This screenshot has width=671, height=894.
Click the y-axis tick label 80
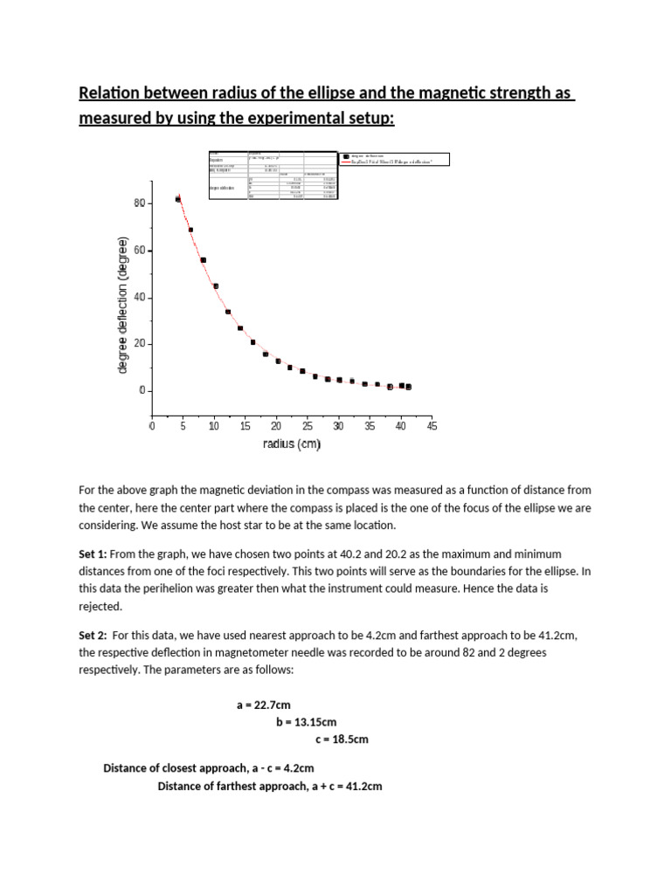click(140, 203)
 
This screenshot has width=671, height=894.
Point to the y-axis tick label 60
click(140, 251)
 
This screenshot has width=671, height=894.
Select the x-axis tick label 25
click(308, 426)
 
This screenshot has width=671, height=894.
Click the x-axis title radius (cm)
click(292, 444)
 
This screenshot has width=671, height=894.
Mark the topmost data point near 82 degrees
click(178, 199)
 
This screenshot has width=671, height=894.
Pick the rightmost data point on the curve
click(408, 386)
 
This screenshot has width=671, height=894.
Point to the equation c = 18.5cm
click(342, 739)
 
